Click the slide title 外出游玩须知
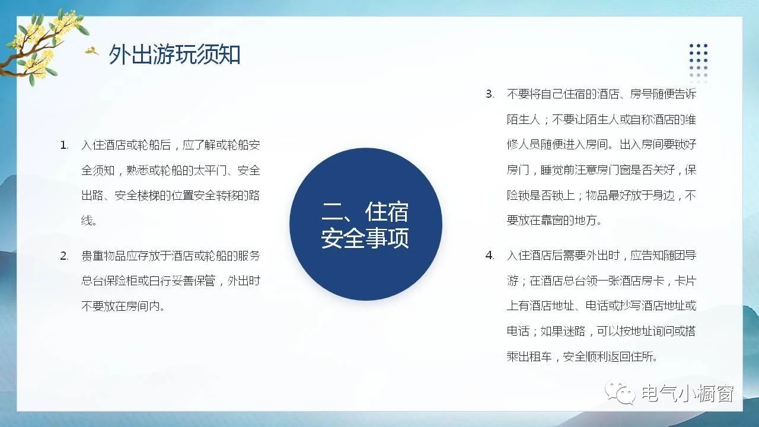174,54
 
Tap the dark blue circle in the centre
366,224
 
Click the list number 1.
64,145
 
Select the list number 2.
64,256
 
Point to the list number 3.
490,94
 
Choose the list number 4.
490,256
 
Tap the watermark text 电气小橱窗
687,393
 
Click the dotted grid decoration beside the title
699,63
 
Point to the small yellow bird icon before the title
92,51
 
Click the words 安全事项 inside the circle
365,238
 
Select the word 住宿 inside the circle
387,212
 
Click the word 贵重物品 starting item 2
103,256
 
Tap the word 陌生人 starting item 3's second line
524,120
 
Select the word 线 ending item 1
87,221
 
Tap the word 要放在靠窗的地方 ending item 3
551,221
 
